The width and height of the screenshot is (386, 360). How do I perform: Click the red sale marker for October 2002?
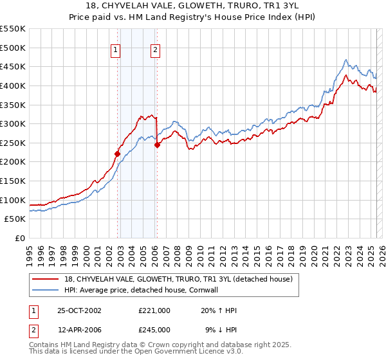click(x=118, y=154)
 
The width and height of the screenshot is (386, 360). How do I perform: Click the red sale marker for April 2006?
click(x=157, y=145)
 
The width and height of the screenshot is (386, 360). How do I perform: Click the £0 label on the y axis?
click(x=20, y=238)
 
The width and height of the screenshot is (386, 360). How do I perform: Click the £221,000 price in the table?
click(x=154, y=310)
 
